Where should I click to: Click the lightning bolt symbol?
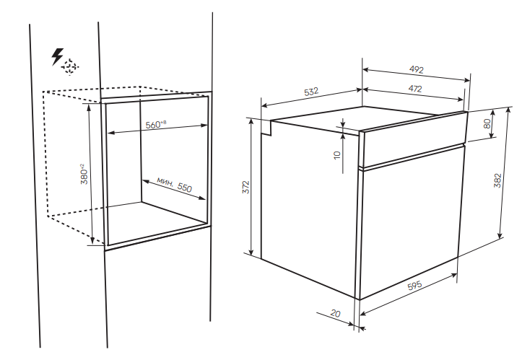[x=57, y=56]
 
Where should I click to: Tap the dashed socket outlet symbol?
[x=69, y=67]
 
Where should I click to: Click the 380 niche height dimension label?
[x=84, y=174]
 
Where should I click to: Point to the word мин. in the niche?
[x=165, y=182]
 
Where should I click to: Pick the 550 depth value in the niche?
[x=185, y=188]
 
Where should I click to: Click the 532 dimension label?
[x=311, y=92]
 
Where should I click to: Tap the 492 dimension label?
[x=416, y=69]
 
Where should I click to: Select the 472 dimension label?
[x=415, y=89]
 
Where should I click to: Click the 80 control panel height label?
[x=487, y=124]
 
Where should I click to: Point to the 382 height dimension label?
[x=497, y=180]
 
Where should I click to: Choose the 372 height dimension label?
[x=245, y=188]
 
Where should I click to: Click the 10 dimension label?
[x=337, y=155]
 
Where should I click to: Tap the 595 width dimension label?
[x=415, y=285]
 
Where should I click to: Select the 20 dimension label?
[x=336, y=313]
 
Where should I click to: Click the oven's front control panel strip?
[x=414, y=139]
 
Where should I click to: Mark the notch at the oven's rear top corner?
[x=266, y=128]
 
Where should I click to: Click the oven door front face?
[x=411, y=222]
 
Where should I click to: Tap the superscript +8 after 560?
[x=163, y=123]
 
